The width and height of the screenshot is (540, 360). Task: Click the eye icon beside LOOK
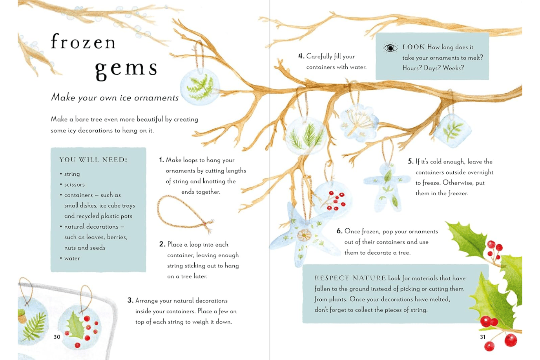coord(390,48)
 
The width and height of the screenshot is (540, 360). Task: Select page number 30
coord(57,337)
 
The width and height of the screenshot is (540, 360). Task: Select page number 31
coord(483,337)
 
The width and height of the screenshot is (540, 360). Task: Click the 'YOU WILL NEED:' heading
coord(93,160)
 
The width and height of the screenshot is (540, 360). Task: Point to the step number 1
coord(161,160)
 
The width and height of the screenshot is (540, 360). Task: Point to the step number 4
coord(301,56)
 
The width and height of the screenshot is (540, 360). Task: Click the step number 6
coord(339,231)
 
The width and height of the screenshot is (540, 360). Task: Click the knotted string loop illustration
coord(184,214)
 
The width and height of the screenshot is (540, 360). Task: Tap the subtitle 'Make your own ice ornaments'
coord(115,98)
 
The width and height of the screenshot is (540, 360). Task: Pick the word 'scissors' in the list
coord(75,185)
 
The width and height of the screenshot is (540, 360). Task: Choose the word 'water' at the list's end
coord(72,258)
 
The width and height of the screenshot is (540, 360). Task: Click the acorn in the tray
coord(22,316)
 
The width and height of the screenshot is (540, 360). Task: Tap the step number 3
coord(130,300)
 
